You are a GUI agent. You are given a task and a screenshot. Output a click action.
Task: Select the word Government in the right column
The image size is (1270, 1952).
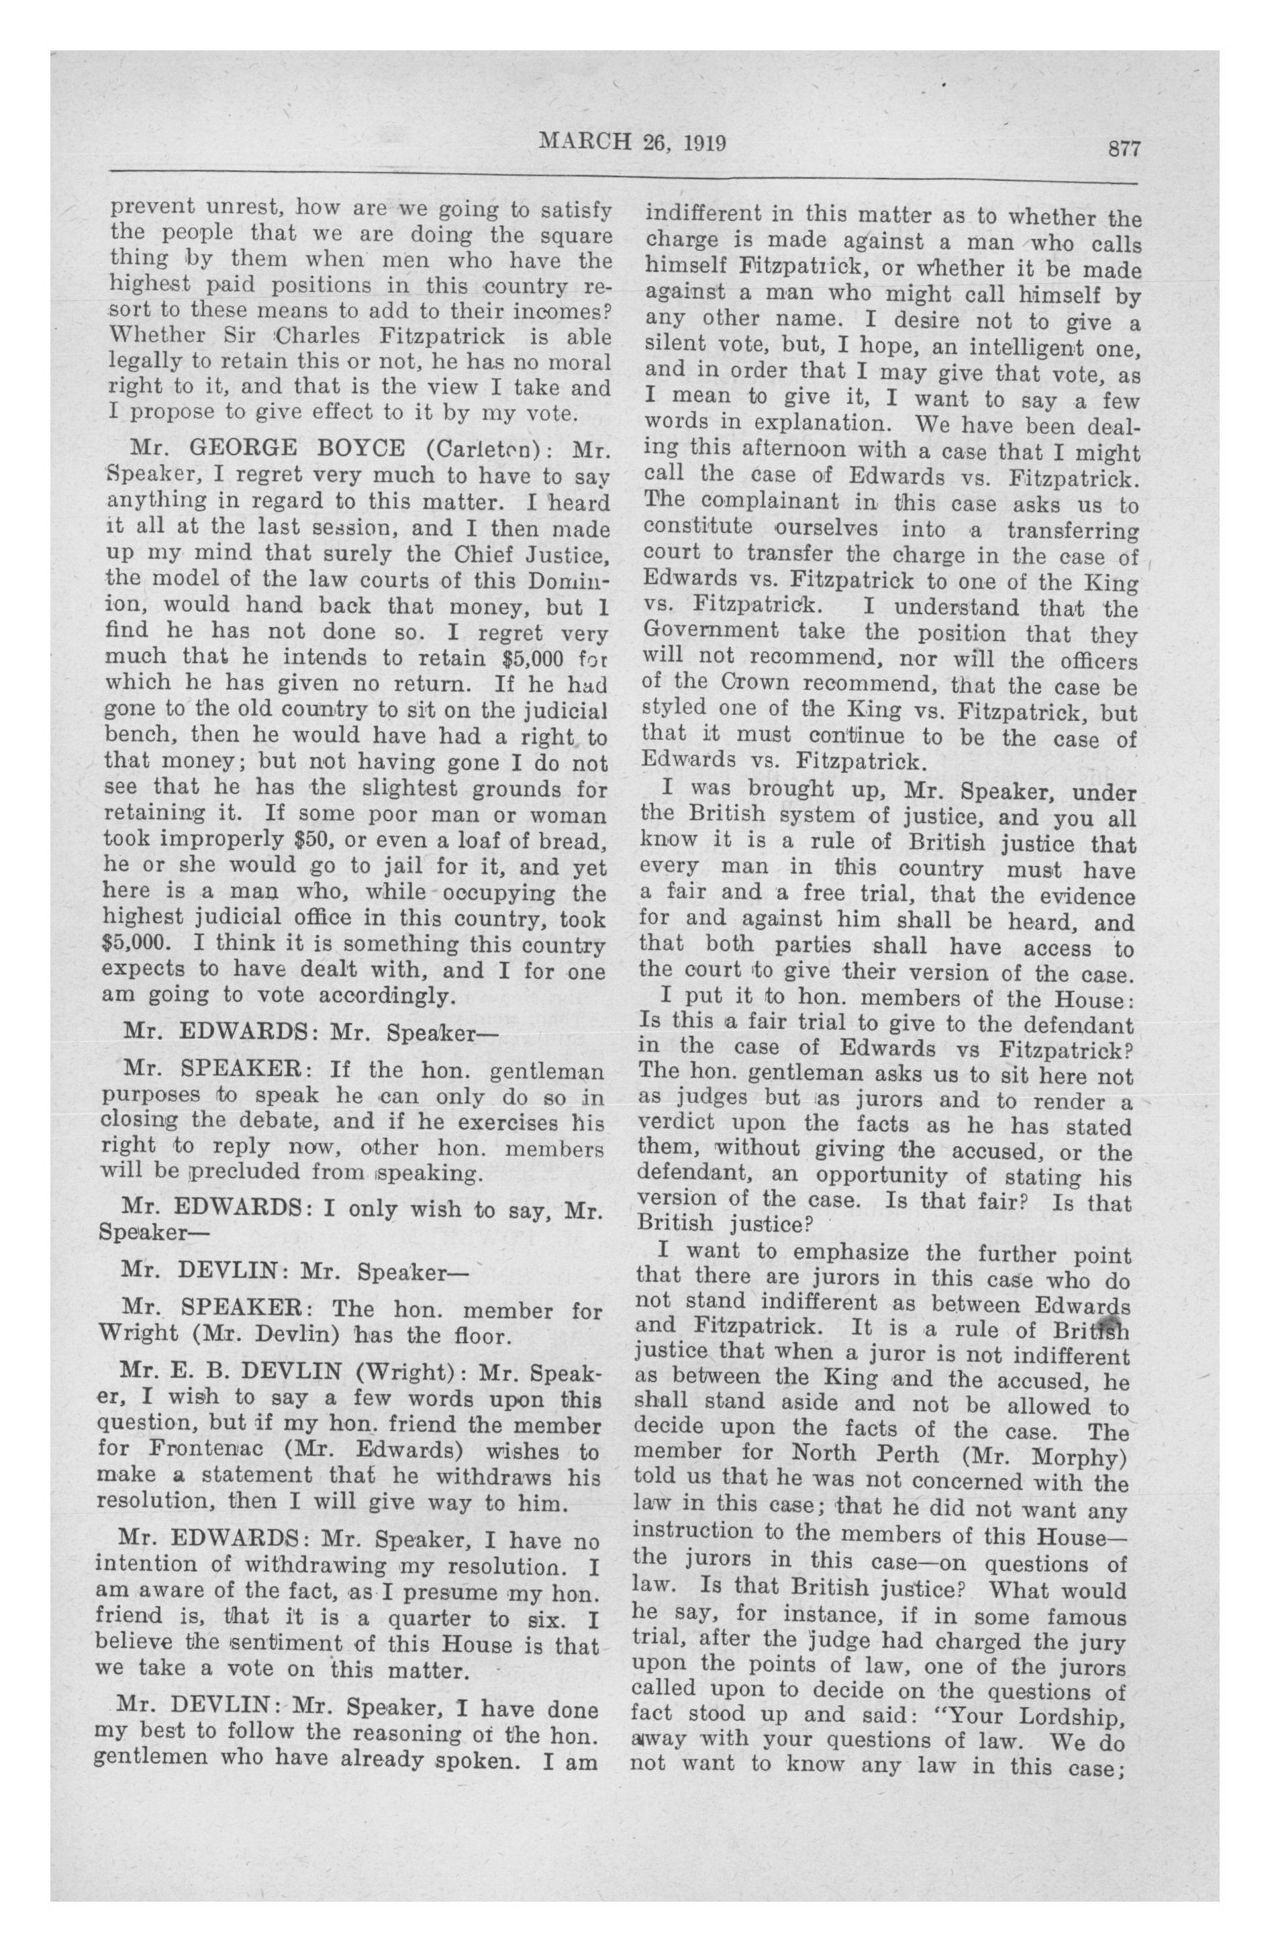pos(710,632)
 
